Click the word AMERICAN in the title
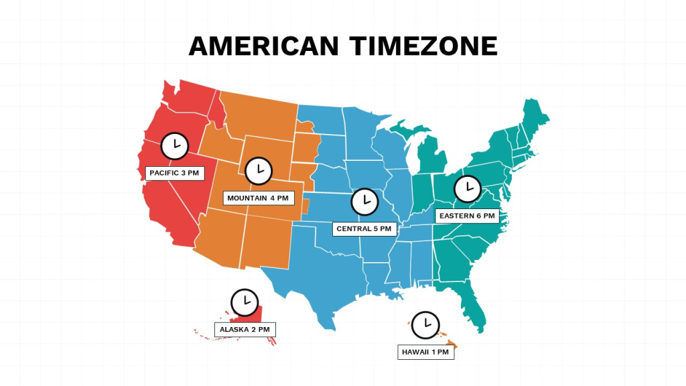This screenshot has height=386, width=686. click(x=265, y=46)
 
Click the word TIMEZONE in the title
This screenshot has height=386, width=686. click(x=423, y=46)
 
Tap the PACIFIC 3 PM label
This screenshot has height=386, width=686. click(x=175, y=173)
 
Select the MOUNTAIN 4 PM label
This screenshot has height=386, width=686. click(x=258, y=198)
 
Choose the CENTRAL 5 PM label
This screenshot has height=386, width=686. click(x=364, y=229)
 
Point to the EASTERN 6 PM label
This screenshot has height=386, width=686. click(x=467, y=216)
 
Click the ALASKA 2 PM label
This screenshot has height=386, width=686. click(x=245, y=330)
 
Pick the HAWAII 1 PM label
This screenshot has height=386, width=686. click(x=425, y=352)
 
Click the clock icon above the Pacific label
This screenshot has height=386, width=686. click(x=175, y=145)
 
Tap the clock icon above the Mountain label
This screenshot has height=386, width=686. click(x=259, y=170)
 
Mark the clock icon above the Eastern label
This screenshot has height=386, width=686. click(x=468, y=188)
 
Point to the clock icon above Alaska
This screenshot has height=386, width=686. click(x=245, y=302)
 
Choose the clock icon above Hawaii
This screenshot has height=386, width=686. click(x=425, y=325)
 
